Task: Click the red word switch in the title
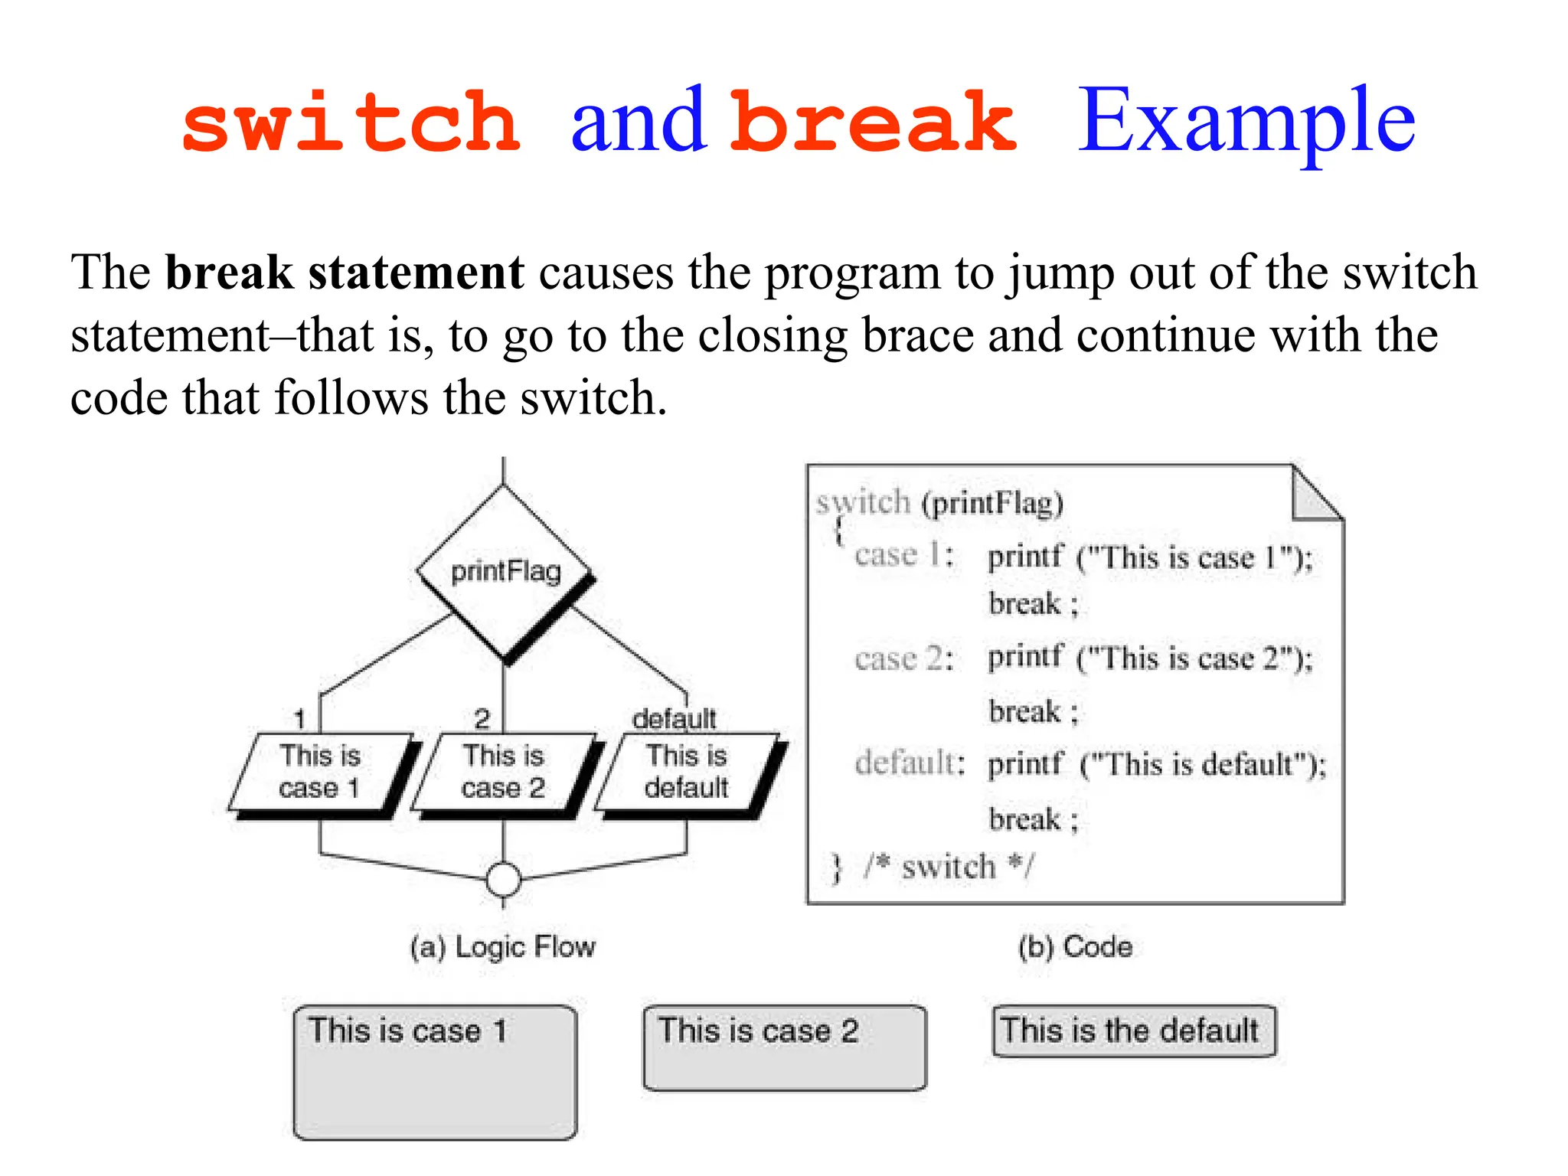tap(351, 122)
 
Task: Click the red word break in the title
tap(873, 122)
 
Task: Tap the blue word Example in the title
tap(1246, 121)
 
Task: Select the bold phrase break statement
tap(345, 273)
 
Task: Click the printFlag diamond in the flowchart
tap(505, 572)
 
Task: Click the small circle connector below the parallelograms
tap(504, 880)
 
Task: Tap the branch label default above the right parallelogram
tap(674, 718)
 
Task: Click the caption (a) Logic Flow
tap(502, 947)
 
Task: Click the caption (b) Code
tap(1075, 947)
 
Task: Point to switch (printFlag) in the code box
tap(939, 504)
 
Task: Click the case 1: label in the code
tap(903, 555)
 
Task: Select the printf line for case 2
tap(1148, 658)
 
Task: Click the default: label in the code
tap(910, 763)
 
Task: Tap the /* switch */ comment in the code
tap(949, 867)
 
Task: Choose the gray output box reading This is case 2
tap(785, 1047)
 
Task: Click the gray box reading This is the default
tap(1133, 1031)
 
